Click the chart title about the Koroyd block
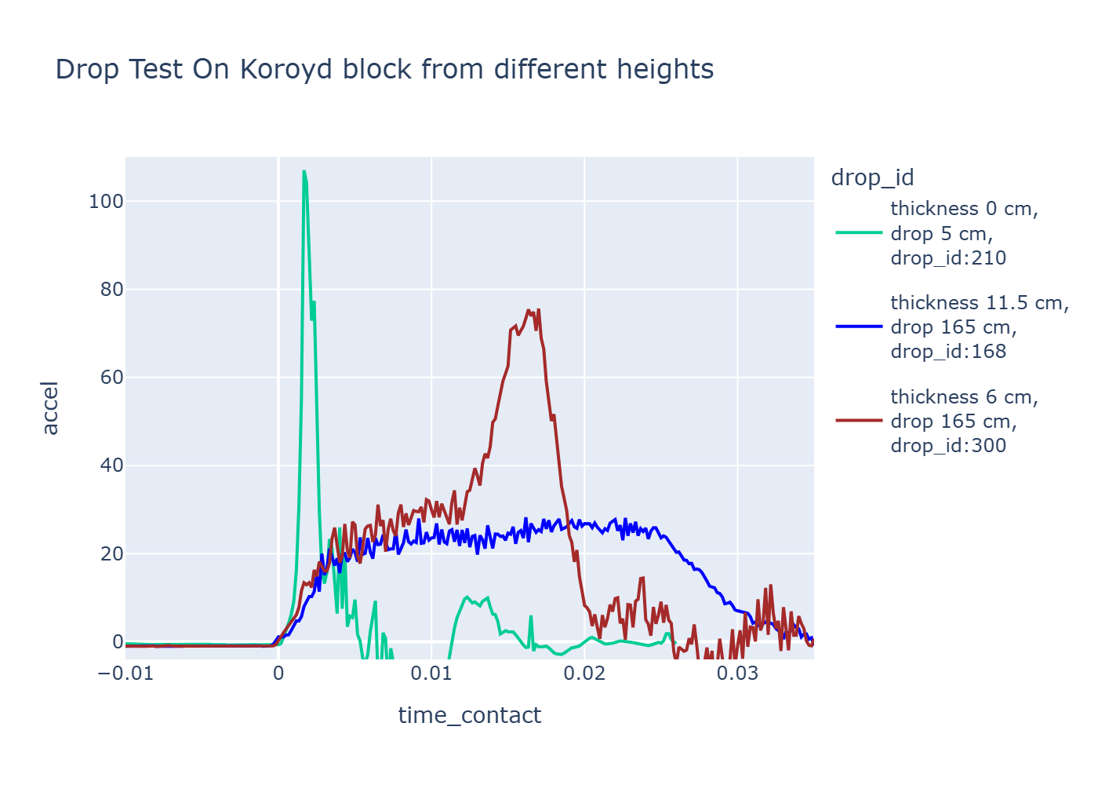click(384, 70)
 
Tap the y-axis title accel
click(50, 407)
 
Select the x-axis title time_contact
click(469, 715)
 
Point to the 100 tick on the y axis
click(106, 202)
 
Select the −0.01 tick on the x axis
click(125, 674)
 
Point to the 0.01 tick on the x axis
click(431, 674)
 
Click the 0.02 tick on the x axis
click(584, 674)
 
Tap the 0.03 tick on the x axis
click(737, 674)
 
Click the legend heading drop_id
click(872, 177)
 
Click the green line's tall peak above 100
click(304, 171)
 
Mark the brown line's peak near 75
click(529, 310)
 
